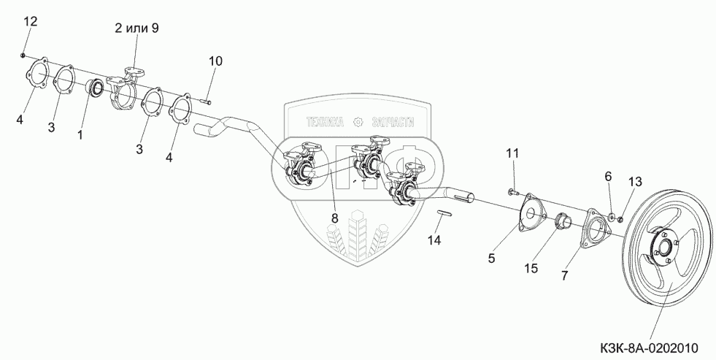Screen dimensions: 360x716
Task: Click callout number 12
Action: tap(30, 22)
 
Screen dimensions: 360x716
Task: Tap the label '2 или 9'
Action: tap(136, 28)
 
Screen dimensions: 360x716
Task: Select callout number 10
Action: tap(214, 61)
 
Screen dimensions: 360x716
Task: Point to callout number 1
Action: tap(80, 134)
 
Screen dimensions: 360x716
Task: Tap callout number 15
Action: tap(531, 268)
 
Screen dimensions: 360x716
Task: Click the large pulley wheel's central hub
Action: tap(661, 249)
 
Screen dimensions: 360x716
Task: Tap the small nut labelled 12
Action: tap(23, 55)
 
